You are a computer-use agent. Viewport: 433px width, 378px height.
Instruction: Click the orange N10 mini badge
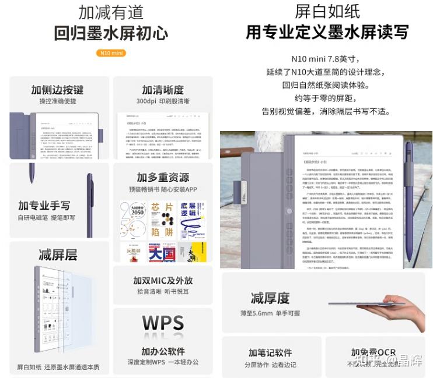coord(111,53)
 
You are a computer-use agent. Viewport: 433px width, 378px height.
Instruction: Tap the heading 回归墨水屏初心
coord(111,33)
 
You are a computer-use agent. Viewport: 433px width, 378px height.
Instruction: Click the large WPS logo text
coord(163,323)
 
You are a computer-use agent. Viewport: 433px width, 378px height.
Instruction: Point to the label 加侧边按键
coord(57,90)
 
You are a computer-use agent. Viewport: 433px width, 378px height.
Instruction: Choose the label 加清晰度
coord(163,90)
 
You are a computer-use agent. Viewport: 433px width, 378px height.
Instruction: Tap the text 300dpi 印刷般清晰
coord(163,101)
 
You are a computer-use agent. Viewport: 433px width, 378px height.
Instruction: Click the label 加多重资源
coord(163,177)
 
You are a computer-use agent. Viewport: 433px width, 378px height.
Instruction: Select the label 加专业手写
coord(44,206)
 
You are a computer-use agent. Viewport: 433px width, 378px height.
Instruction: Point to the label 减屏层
coord(58,255)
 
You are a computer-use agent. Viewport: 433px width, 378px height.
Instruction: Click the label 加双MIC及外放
coord(163,280)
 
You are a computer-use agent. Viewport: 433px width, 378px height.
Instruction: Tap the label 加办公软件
coord(163,351)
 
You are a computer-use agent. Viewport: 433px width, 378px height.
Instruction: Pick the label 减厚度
coord(270,298)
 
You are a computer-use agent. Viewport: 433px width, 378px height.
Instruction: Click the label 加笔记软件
coord(270,353)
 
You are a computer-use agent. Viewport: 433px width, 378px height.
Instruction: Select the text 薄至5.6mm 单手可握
coord(270,313)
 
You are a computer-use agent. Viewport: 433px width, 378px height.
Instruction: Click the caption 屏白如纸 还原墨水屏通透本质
coord(58,367)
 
